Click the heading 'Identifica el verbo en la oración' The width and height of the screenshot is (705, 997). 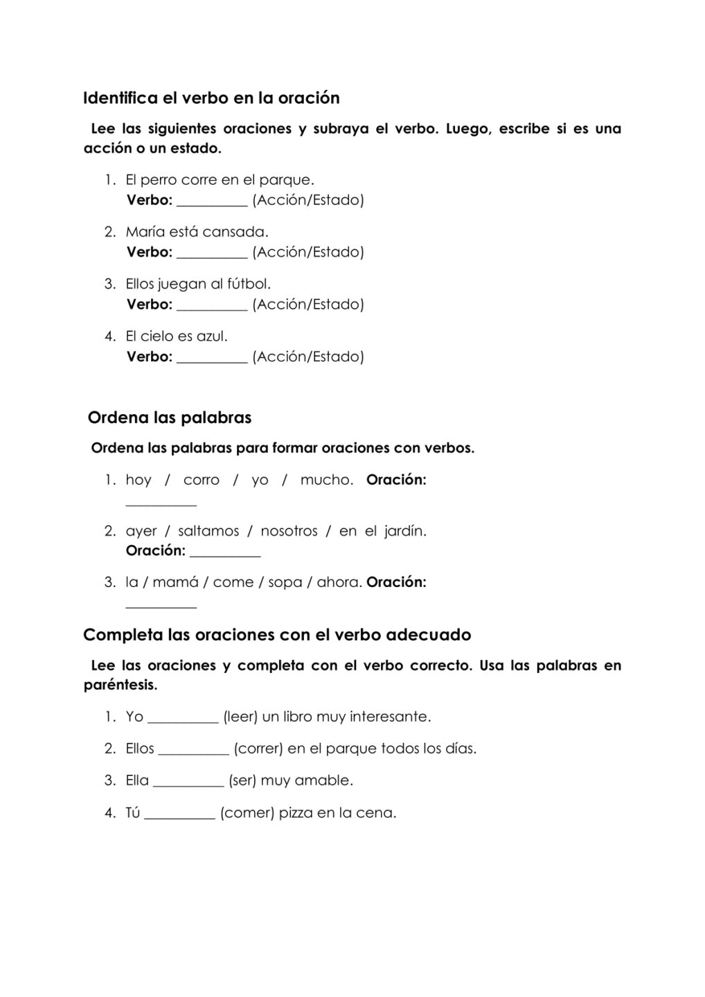tap(211, 98)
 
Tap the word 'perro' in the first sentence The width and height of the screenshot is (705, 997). tap(159, 180)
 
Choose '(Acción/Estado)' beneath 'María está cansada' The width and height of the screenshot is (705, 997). tap(308, 252)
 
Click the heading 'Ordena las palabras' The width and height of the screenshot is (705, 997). tap(170, 417)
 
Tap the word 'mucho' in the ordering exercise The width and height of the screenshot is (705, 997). tap(326, 480)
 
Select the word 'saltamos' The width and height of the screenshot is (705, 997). tap(208, 532)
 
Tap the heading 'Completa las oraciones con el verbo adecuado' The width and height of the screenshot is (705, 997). tap(277, 635)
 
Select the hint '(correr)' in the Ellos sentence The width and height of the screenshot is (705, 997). tap(259, 749)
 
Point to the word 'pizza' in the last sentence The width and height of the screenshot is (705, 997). tap(296, 814)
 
